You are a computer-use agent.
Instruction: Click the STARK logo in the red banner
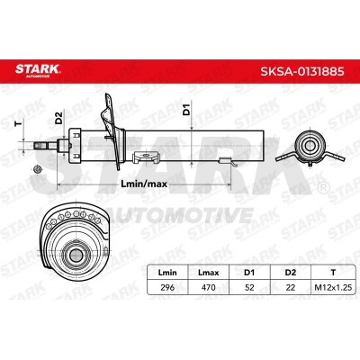38,70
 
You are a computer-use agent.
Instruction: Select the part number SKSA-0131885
302,72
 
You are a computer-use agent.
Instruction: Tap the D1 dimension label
186,110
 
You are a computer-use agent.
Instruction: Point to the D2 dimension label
58,118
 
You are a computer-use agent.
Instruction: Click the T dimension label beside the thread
19,123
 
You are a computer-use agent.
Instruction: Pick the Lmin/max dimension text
144,184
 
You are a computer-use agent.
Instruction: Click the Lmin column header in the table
167,273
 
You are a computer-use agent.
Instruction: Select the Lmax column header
209,273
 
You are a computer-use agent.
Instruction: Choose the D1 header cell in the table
249,273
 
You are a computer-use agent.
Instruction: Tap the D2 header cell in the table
291,273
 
